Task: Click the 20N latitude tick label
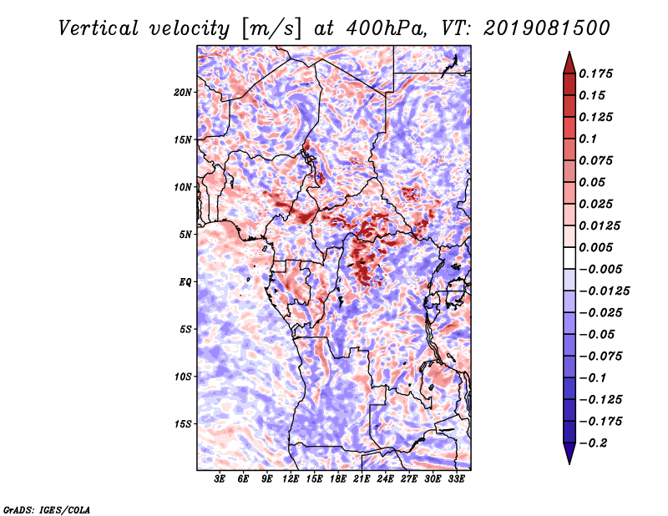[x=182, y=93]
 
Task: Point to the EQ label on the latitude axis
[x=185, y=282]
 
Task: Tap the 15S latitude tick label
[x=182, y=424]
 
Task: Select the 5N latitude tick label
[x=185, y=235]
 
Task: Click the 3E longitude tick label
[x=220, y=479]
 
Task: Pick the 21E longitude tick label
[x=362, y=479]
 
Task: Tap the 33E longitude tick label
[x=456, y=479]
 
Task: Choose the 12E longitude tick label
[x=290, y=479]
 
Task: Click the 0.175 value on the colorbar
[x=595, y=74]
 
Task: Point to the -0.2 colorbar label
[x=593, y=443]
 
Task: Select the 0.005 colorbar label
[x=595, y=247]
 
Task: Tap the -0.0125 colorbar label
[x=604, y=291]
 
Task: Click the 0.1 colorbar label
[x=588, y=139]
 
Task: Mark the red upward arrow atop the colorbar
[x=569, y=63]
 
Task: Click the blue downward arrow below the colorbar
[x=569, y=453]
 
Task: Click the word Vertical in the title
[x=99, y=28]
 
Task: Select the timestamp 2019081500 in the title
[x=547, y=28]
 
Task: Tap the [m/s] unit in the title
[x=271, y=29]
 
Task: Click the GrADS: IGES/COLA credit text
[x=47, y=510]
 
